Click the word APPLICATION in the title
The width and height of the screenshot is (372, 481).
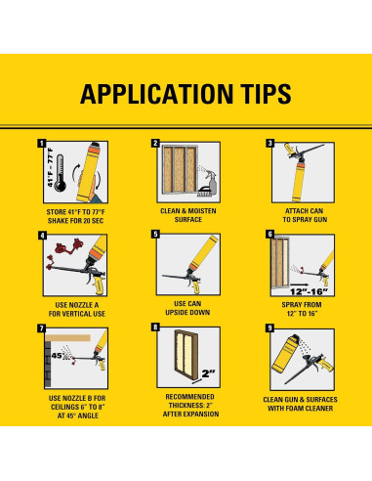(157, 94)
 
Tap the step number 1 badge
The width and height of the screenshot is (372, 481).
(42, 144)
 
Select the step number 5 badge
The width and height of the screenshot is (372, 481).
(156, 234)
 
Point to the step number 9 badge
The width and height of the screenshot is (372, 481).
(269, 328)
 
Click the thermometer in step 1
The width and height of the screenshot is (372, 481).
(61, 173)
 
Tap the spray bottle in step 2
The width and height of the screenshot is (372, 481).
(212, 182)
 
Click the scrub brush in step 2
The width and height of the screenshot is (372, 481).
(204, 192)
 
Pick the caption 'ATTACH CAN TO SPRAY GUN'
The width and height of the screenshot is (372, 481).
(305, 215)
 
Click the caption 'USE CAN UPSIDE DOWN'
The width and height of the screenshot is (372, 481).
(187, 308)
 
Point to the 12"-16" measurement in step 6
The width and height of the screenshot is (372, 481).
(309, 291)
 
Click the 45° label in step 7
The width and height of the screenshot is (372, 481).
(58, 355)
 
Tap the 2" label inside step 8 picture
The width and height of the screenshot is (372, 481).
(208, 373)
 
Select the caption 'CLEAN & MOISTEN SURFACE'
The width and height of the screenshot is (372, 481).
(188, 215)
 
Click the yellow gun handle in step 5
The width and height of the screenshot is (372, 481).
(196, 286)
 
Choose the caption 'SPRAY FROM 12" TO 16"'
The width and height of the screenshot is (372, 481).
(302, 309)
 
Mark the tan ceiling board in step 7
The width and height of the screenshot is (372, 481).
(67, 338)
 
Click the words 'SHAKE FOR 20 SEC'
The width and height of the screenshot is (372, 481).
(75, 221)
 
